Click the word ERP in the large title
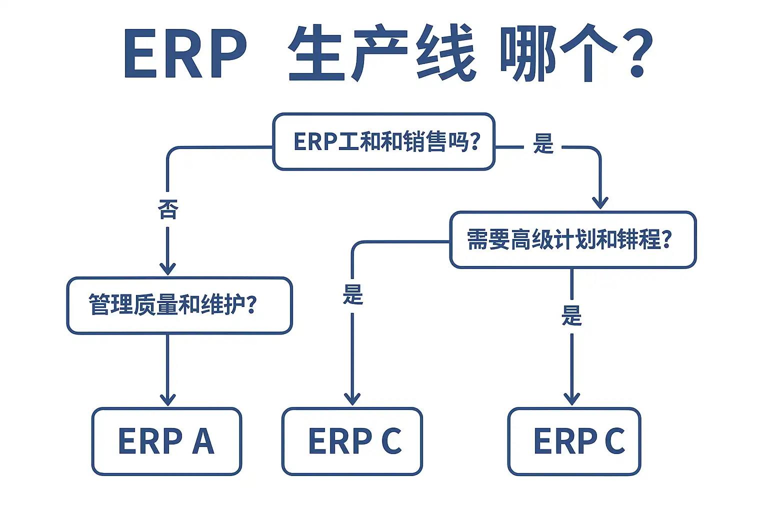(x=185, y=54)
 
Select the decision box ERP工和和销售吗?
(x=383, y=142)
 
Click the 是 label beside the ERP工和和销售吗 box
(x=543, y=144)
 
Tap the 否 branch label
(x=167, y=209)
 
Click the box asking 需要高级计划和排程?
(x=572, y=239)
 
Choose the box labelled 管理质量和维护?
(x=179, y=305)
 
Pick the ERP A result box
(x=166, y=441)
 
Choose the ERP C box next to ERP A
(x=352, y=441)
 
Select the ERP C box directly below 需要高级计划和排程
(x=574, y=441)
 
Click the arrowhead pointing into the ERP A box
(x=167, y=399)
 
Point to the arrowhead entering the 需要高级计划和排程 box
(x=600, y=203)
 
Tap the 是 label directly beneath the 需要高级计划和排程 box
(x=571, y=316)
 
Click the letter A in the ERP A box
(x=203, y=441)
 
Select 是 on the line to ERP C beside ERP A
(x=352, y=295)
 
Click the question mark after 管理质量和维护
(x=251, y=304)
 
